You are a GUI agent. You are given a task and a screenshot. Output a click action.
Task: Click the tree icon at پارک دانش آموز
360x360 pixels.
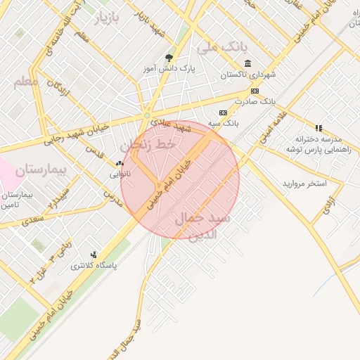coord(168,58)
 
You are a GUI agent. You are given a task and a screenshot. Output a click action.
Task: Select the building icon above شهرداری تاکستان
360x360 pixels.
coord(247,64)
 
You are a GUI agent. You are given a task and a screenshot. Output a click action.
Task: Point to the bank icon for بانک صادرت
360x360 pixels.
coord(255,91)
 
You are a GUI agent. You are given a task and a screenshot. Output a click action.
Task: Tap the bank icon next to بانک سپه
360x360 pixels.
coord(224,112)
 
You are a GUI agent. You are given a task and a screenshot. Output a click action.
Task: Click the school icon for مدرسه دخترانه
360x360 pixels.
coord(319,129)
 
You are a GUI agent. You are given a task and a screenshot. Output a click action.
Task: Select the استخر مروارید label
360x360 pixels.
coord(304,184)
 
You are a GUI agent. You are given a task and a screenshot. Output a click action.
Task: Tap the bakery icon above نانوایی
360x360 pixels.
coord(120,163)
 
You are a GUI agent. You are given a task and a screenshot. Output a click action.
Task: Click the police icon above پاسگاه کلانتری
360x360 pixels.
coord(94,255)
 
